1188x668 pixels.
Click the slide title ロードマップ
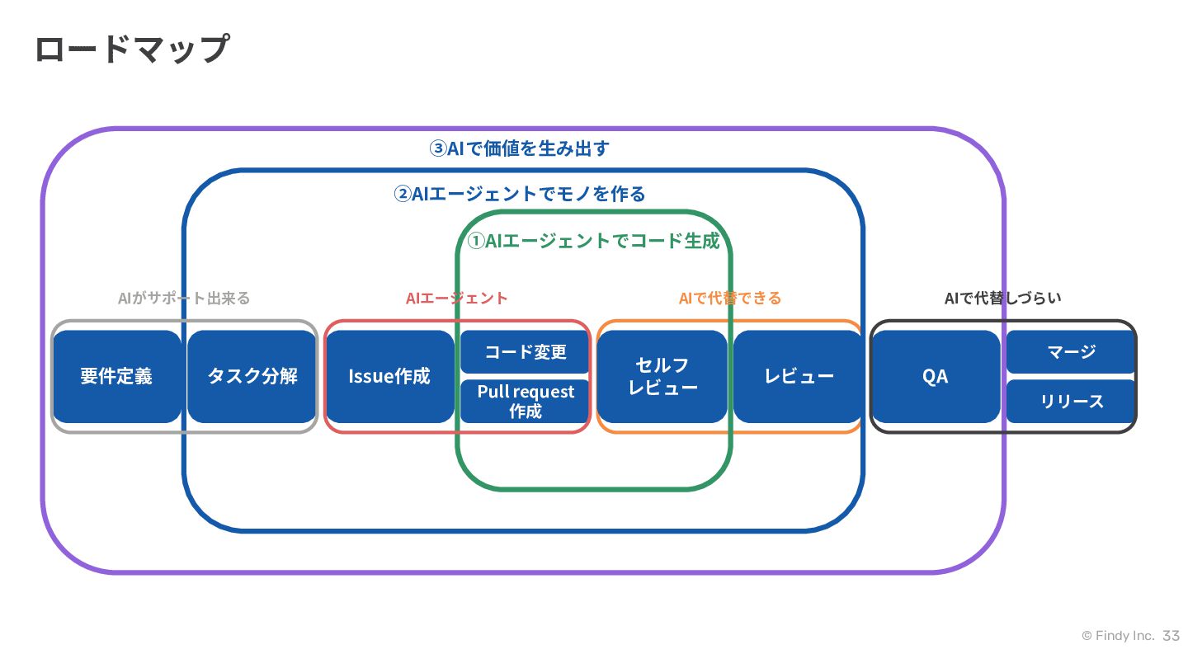click(x=132, y=49)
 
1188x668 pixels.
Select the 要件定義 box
click(x=116, y=376)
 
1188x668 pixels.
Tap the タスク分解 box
click(x=252, y=376)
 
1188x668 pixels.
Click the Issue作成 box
click(x=389, y=376)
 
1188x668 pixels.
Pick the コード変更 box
click(x=525, y=351)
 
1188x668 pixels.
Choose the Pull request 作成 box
click(x=525, y=402)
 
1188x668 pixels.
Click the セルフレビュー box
click(x=662, y=376)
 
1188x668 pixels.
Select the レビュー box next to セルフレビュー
click(x=799, y=376)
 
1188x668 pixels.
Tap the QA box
click(x=936, y=376)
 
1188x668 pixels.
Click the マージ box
click(x=1071, y=351)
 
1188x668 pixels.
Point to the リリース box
click(x=1071, y=402)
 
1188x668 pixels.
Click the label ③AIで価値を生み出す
click(x=519, y=148)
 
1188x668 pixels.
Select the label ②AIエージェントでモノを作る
click(x=519, y=194)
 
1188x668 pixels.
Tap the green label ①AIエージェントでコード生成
click(x=593, y=241)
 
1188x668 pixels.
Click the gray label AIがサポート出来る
click(x=183, y=298)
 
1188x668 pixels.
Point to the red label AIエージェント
click(x=457, y=298)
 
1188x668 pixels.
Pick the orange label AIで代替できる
click(x=730, y=298)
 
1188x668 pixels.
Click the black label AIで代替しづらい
click(x=1003, y=298)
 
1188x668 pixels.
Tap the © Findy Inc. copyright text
click(x=1118, y=636)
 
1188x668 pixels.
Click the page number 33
click(x=1171, y=636)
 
